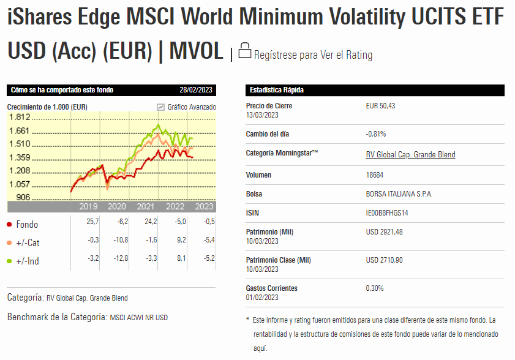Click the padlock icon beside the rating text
click(245, 50)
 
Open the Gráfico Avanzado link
click(191, 107)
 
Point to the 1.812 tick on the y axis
click(20, 117)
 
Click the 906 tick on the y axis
click(23, 197)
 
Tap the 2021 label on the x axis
click(145, 206)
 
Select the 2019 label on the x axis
click(88, 206)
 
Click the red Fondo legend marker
click(10, 224)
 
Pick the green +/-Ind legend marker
click(10, 261)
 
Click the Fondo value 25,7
click(92, 221)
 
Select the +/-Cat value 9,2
click(181, 240)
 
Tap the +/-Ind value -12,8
click(122, 258)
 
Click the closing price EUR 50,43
click(380, 106)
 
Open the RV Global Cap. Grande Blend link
click(410, 154)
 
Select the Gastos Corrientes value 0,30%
click(375, 288)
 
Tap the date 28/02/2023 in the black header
click(196, 90)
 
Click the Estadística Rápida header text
click(277, 90)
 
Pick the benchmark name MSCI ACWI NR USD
click(138, 318)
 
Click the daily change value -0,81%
click(375, 133)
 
